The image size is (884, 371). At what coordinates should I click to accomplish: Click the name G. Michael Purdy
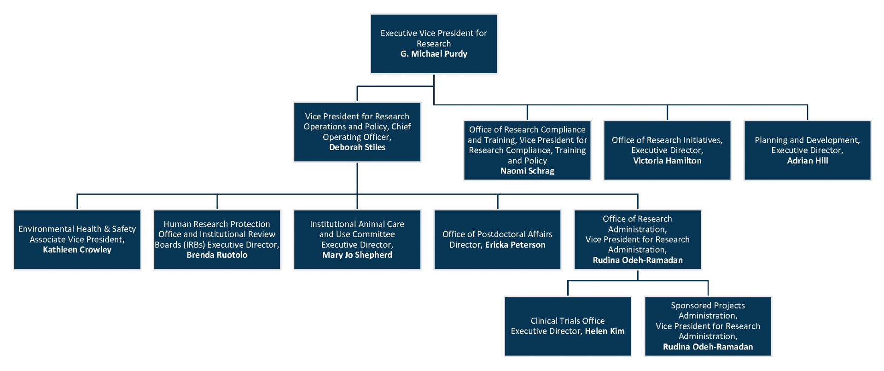434,54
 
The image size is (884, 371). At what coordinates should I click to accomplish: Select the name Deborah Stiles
357,147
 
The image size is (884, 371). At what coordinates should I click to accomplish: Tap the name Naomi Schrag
527,171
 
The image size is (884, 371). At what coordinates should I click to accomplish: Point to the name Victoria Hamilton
667,161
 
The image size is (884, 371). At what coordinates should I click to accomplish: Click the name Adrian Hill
808,161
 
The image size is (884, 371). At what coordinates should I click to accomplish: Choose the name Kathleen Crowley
77,249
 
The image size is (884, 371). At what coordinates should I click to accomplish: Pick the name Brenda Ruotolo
217,255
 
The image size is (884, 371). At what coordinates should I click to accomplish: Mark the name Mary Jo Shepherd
357,255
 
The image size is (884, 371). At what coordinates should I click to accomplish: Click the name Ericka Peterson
515,245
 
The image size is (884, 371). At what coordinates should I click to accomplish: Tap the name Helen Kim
605,331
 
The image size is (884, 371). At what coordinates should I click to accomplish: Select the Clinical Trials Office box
568,326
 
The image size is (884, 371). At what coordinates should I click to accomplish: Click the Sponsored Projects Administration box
708,326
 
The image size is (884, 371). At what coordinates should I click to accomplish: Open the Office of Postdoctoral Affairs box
498,239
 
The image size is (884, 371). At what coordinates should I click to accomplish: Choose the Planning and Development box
808,151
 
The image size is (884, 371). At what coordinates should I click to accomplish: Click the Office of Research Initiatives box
667,151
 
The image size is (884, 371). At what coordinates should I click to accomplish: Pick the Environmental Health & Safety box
77,239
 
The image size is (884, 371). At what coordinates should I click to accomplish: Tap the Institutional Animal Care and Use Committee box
357,239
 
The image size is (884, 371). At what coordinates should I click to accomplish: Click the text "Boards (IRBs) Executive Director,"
217,245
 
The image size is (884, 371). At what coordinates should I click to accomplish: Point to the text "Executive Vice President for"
434,33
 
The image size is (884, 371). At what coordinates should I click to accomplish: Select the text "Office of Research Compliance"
527,130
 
